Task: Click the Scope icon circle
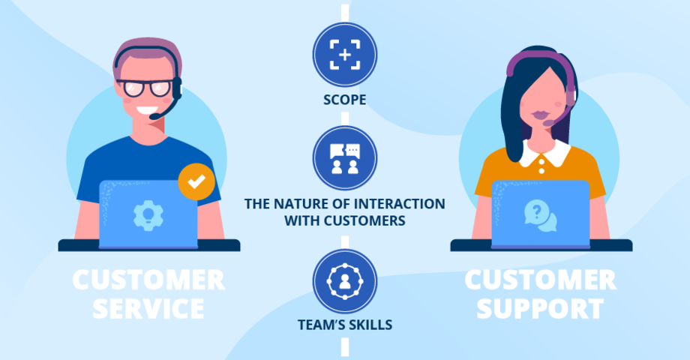point(345,55)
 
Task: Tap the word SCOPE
point(345,98)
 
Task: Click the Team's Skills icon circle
point(345,280)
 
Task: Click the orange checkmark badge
point(196,182)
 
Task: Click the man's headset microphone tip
point(154,116)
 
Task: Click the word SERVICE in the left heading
point(138,307)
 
